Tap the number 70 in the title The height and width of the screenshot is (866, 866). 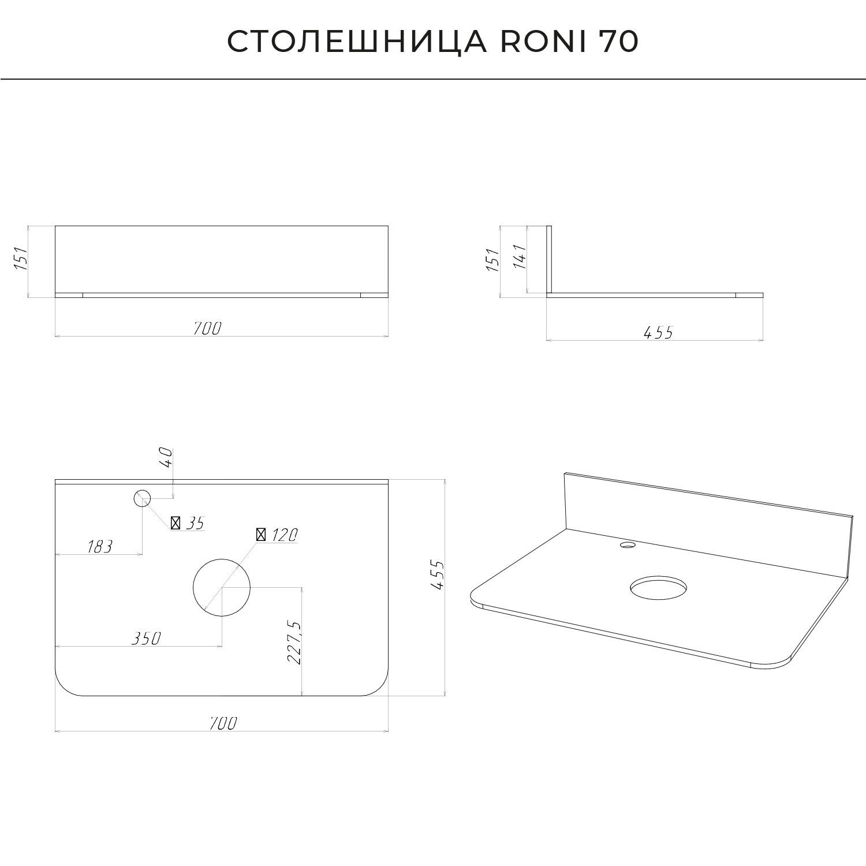coord(618,42)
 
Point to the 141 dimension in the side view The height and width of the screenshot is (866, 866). coord(520,258)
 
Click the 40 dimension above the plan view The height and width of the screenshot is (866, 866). coord(166,457)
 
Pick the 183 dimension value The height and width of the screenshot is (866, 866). coord(100,546)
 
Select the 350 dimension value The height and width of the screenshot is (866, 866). coord(145,638)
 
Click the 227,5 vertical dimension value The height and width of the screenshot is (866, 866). coord(294,643)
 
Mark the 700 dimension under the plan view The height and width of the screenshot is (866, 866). coord(223,722)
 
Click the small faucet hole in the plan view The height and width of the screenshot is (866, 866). coord(142,498)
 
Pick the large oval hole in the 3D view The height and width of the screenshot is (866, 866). coord(659,588)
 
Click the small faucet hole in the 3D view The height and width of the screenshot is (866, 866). coord(626,544)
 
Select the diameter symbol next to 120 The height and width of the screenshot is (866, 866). coord(261,535)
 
